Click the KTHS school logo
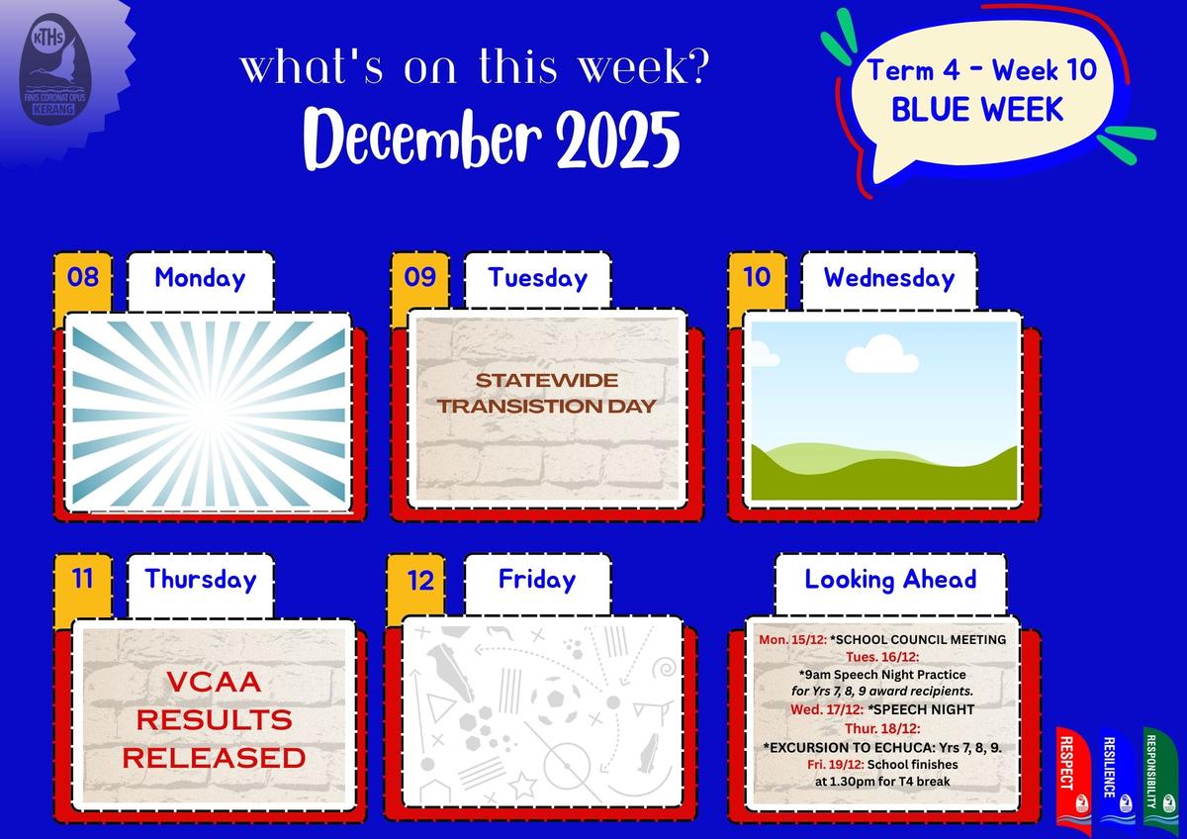[x=55, y=69]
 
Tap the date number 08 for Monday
[x=83, y=277]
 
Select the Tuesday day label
[x=538, y=278]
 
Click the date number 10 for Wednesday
[x=757, y=277]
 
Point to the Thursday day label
[x=201, y=580]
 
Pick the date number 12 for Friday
[x=420, y=581]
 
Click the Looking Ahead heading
[x=890, y=580]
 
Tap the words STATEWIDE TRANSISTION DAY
[x=546, y=393]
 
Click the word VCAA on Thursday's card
[x=214, y=682]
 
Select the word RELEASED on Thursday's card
[x=214, y=758]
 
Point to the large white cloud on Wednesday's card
[x=881, y=353]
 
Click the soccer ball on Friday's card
[x=555, y=700]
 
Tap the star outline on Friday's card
[x=523, y=786]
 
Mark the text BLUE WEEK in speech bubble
[x=977, y=110]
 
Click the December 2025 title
[x=492, y=139]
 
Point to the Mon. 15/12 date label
[x=792, y=640]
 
